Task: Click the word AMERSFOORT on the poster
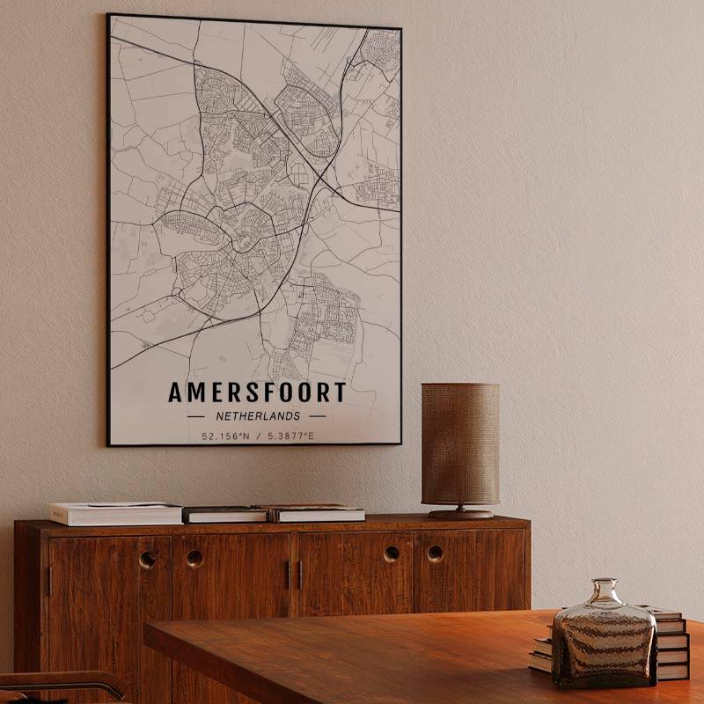(x=257, y=392)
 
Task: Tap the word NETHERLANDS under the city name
(x=257, y=416)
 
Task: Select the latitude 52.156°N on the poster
(x=224, y=436)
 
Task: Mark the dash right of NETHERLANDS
(x=317, y=416)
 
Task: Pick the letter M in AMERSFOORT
(x=196, y=392)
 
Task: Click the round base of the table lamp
(x=460, y=513)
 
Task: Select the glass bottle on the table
(x=604, y=638)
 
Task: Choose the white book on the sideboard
(x=114, y=513)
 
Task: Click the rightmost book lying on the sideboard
(x=319, y=513)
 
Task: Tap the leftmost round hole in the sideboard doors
(x=148, y=559)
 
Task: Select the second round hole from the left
(x=194, y=558)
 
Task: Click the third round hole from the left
(x=391, y=554)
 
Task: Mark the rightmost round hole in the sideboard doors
(x=435, y=554)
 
